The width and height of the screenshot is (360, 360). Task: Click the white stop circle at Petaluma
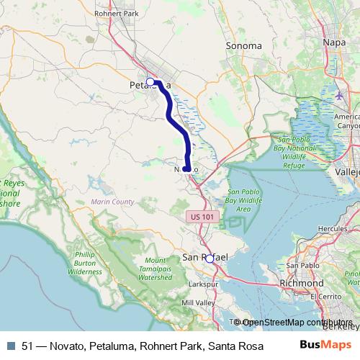pos(150,81)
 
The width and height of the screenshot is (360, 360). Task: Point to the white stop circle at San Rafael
pos(210,258)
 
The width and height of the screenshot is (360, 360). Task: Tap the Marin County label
pos(112,202)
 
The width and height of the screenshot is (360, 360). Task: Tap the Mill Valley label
pos(199,303)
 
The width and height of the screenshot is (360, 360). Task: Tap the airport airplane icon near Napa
pos(339,94)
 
